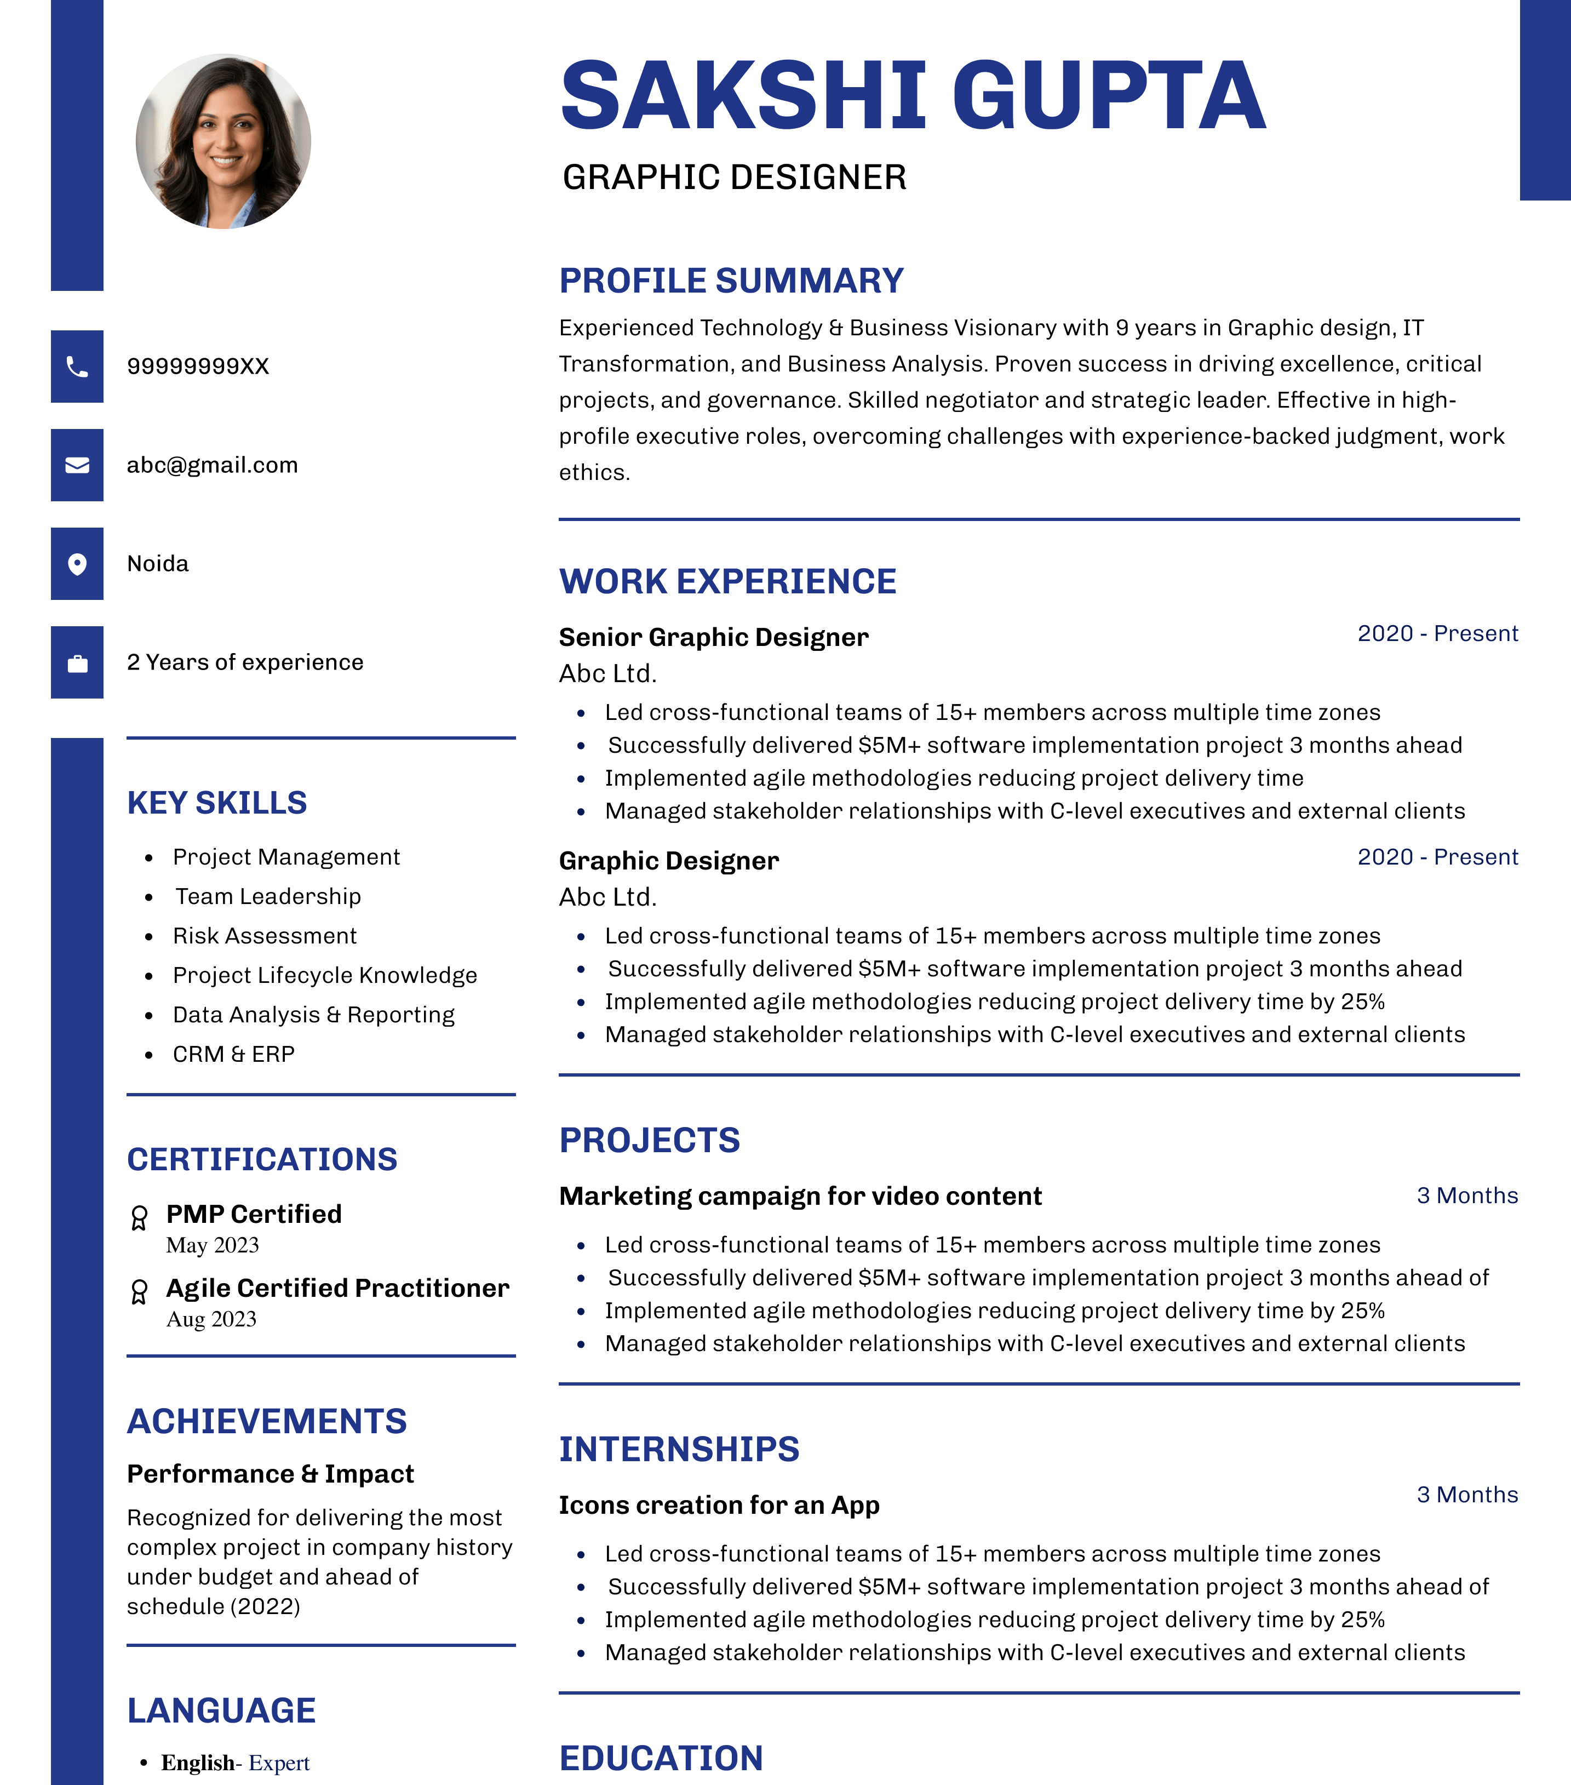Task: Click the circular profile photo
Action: click(223, 141)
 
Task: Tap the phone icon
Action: click(77, 367)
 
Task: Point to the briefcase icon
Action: click(77, 663)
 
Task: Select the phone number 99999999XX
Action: click(198, 367)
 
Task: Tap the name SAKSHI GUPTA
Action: click(913, 95)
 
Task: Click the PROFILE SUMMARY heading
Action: click(731, 281)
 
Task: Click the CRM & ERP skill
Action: click(233, 1055)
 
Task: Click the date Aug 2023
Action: click(211, 1319)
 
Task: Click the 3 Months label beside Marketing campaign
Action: click(1467, 1195)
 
